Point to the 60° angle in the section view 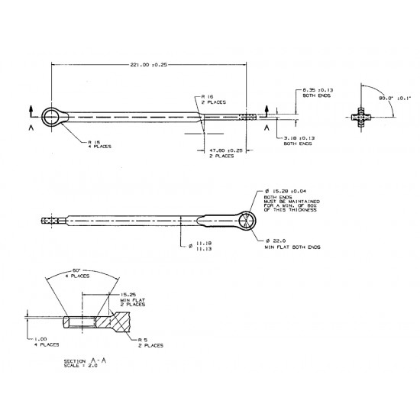pos(76,271)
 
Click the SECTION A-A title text pos(85,359)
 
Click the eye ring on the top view pos(53,117)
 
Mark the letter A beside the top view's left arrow pos(31,130)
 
